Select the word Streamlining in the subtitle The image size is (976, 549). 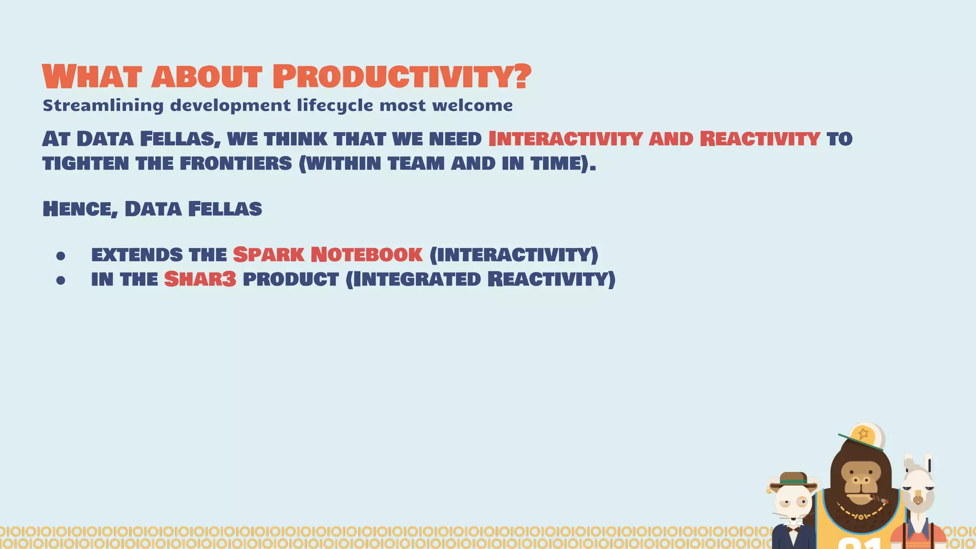[103, 105]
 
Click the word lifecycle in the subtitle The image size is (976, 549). [335, 105]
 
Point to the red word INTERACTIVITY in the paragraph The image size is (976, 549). [565, 139]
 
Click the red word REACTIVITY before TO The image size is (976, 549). [760, 139]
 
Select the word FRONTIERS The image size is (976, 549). [236, 163]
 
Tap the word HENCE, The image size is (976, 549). [80, 209]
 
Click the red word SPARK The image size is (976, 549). [268, 254]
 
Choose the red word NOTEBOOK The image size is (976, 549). [366, 254]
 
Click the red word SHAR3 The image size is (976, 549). [200, 279]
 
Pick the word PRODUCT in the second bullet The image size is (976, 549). [291, 279]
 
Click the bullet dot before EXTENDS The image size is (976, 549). [61, 256]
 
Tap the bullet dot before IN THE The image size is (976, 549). [61, 281]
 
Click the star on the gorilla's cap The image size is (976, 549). [863, 434]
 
